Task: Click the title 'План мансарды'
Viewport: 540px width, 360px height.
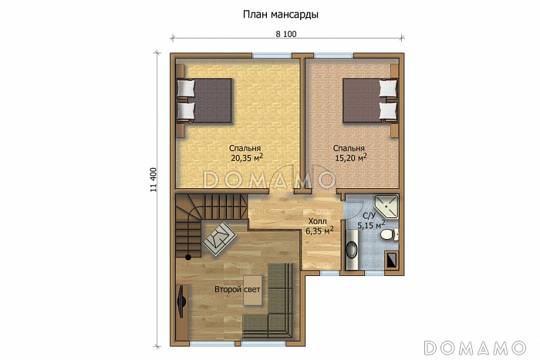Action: (280, 15)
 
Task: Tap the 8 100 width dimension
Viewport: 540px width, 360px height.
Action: (286, 34)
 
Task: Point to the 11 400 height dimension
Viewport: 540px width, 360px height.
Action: (154, 180)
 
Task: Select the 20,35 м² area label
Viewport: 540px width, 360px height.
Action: (247, 157)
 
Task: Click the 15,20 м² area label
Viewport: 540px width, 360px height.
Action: (350, 157)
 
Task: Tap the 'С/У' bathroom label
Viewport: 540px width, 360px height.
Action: (369, 216)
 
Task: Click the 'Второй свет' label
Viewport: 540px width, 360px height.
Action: (238, 289)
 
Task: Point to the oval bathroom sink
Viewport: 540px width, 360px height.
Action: (351, 250)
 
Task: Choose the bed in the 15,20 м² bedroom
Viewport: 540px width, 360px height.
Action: (370, 100)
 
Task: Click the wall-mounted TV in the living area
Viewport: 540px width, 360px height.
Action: (181, 301)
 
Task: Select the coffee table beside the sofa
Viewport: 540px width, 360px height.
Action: (253, 290)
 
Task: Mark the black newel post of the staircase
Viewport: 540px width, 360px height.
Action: (188, 257)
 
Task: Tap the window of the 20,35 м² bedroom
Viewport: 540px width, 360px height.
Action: (272, 55)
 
